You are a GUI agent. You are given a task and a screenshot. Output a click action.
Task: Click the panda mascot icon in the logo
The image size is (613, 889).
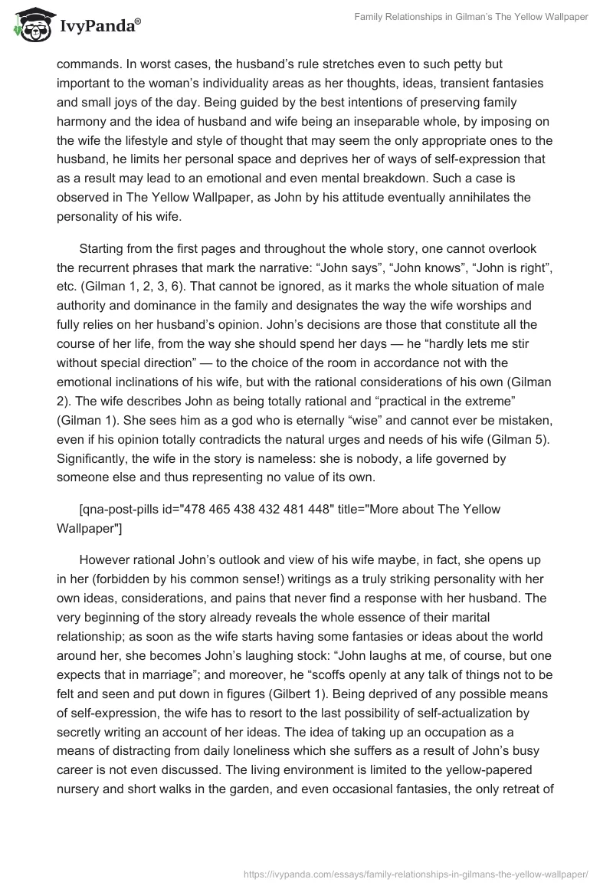tap(30, 26)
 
